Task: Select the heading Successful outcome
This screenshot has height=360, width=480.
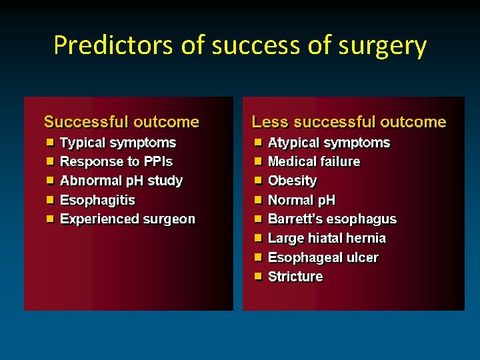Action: (121, 122)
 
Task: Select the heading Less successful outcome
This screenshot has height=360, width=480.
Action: (349, 122)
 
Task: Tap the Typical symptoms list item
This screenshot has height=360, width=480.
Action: (118, 143)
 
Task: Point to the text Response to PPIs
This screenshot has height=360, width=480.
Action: (116, 161)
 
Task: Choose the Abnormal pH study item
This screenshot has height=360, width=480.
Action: (121, 181)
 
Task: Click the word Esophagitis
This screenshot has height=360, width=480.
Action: (97, 200)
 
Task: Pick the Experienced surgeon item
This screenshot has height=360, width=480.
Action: (127, 219)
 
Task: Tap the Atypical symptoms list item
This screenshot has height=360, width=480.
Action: (329, 143)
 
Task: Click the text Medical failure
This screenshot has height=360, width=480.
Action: (313, 161)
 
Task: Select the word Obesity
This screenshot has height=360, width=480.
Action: (292, 181)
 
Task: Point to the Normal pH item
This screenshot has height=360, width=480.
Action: (301, 200)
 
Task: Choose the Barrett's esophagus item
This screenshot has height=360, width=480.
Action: (332, 219)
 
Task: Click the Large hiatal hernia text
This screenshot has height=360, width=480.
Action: (327, 238)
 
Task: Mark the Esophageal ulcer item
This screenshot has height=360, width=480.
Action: (323, 257)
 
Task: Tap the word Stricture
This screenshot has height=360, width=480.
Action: (295, 277)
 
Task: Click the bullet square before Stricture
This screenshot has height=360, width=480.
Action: (258, 276)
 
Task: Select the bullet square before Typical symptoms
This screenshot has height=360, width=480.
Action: (50, 142)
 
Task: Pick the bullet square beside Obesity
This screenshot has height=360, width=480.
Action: (258, 180)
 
